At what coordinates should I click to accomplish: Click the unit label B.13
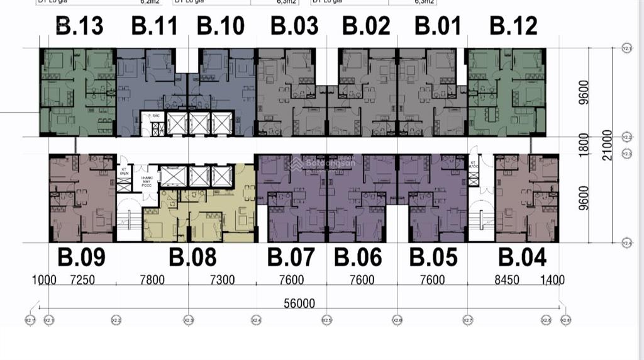coord(80,26)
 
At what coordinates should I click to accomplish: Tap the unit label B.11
coord(154,26)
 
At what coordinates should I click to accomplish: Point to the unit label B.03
coord(294,26)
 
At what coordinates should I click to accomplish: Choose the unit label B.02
coord(366,26)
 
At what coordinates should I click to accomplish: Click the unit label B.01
coord(438,26)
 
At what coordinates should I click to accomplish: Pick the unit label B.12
coord(514,26)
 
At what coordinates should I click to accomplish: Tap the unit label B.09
coord(81,257)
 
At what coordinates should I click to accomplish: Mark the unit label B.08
coord(192,257)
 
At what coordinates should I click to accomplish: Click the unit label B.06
coord(358,257)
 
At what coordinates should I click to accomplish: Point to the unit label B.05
coord(433,257)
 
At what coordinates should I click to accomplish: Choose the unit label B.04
coord(522,257)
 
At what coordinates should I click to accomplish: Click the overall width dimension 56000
coord(299,304)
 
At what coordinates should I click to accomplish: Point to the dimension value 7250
coord(82,280)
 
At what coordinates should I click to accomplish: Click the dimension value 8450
coord(507,280)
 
